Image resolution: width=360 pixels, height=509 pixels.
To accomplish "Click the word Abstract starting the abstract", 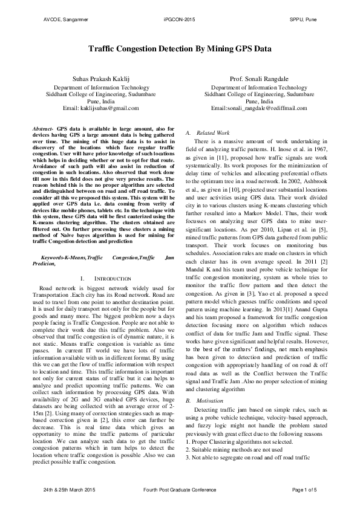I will pos(42,129).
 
